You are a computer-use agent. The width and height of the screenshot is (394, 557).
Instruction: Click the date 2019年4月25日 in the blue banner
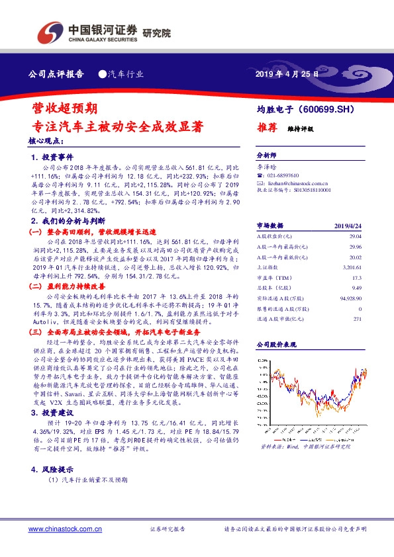287,74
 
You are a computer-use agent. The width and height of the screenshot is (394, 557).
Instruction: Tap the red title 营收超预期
66,107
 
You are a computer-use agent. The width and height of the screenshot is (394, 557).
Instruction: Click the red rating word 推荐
266,128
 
